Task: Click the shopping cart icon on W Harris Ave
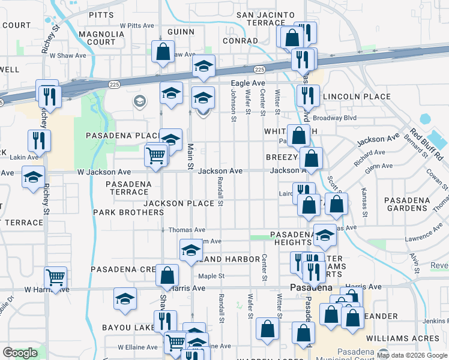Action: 55,278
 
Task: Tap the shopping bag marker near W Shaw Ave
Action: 163,52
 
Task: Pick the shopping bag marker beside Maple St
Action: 167,276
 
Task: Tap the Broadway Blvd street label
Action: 340,118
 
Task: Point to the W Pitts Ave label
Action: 137,26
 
